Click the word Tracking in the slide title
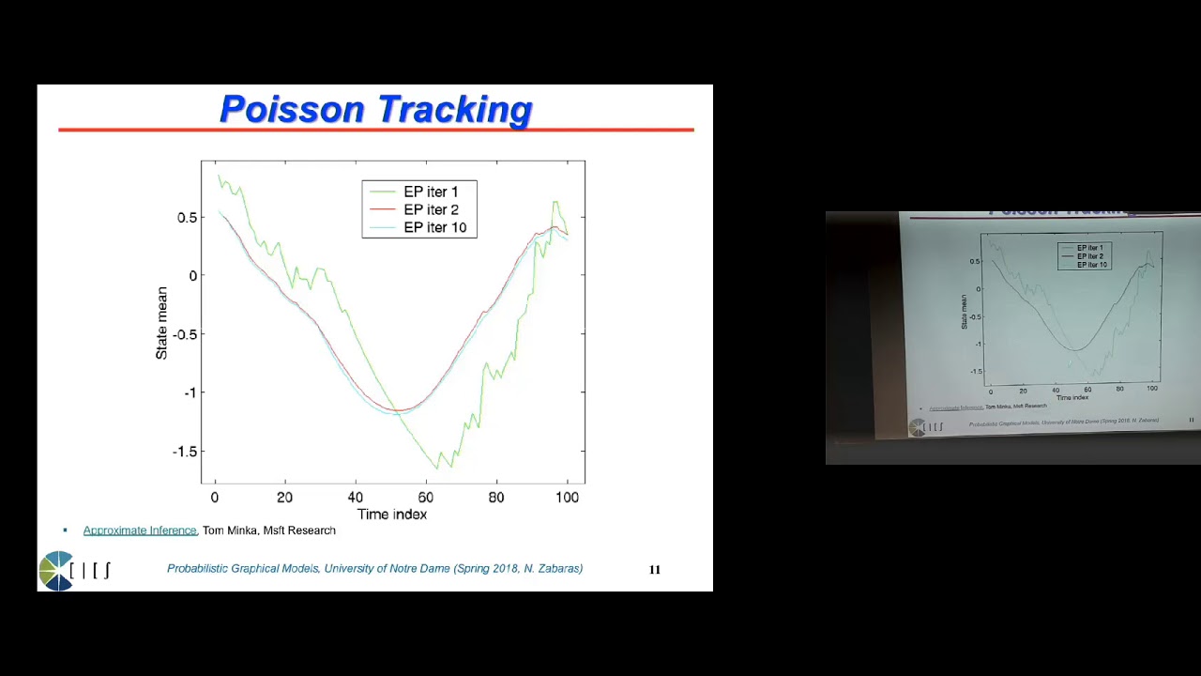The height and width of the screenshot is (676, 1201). (456, 110)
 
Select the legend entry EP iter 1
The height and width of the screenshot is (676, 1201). (431, 192)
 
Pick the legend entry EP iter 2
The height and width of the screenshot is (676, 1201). (431, 209)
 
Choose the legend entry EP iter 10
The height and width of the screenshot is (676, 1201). (434, 227)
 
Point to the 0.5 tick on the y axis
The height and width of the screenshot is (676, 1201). (187, 217)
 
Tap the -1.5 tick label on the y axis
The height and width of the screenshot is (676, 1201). (184, 451)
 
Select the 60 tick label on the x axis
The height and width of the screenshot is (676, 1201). (426, 498)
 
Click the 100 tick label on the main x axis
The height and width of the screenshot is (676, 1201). (567, 498)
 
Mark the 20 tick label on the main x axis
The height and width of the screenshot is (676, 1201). (284, 498)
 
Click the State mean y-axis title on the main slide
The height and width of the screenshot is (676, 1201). (161, 323)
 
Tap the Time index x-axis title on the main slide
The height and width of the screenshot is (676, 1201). (392, 514)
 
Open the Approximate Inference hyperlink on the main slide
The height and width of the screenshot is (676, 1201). (139, 530)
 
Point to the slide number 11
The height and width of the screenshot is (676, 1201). (655, 569)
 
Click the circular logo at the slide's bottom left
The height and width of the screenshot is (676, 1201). (56, 570)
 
